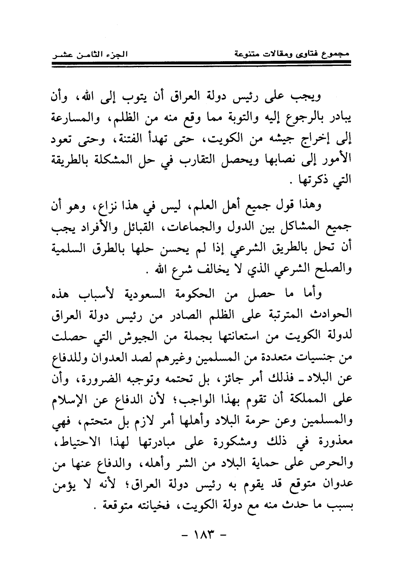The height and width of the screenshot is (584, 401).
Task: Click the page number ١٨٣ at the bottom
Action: tap(200, 538)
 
